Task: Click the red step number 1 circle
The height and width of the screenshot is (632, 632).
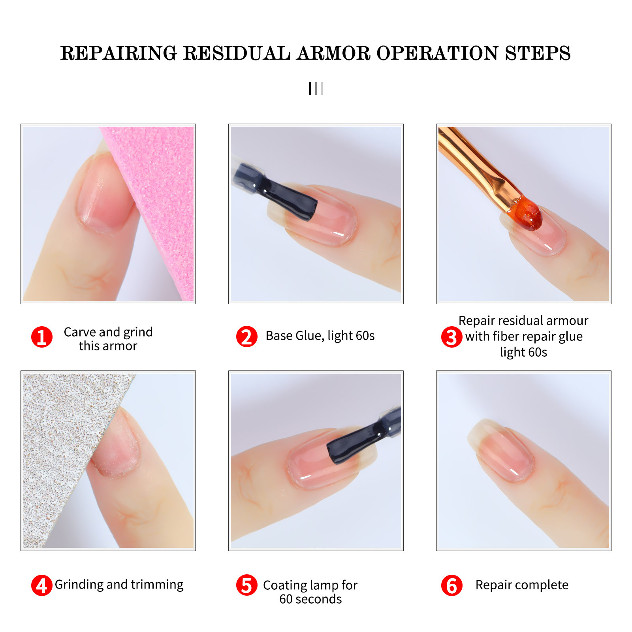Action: [41, 337]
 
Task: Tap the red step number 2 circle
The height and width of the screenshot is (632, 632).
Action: [246, 337]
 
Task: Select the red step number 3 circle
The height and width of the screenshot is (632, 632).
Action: [451, 337]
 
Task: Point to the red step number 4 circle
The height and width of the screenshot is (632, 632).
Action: [41, 585]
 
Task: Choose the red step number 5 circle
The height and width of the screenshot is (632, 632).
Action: [246, 585]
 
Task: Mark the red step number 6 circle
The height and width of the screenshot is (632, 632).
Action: [451, 585]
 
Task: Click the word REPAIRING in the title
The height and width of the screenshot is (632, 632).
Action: [118, 53]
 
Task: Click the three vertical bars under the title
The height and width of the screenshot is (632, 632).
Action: [316, 88]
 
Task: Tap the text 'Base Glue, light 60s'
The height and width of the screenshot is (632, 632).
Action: [320, 336]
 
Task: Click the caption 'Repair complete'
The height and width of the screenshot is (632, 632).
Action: [522, 585]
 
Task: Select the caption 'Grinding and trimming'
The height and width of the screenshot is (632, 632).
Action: [119, 585]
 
